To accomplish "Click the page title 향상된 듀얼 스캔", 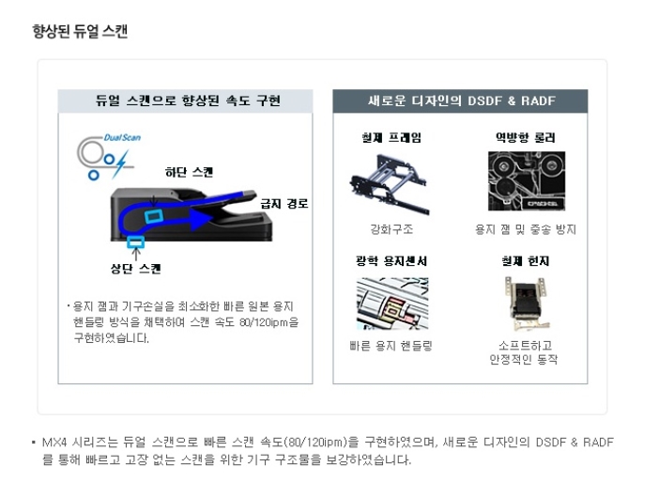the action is (80, 31).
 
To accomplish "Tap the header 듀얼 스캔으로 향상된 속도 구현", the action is (188, 101).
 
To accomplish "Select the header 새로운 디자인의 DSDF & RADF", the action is (462, 101).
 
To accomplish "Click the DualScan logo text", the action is (122, 137).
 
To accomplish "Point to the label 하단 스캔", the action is (189, 172).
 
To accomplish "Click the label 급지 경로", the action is (284, 204).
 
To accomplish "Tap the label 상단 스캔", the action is (136, 269).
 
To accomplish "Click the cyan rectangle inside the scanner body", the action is (154, 216).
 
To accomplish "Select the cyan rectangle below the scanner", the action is (136, 241).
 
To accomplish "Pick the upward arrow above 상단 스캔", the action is (136, 255).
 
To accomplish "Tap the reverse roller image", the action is (527, 180).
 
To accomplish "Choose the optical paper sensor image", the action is (392, 303).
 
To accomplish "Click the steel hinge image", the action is (527, 303).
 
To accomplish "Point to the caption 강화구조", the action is (391, 229).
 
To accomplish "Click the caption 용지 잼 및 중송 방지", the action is (526, 229).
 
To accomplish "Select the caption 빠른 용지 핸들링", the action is (391, 346).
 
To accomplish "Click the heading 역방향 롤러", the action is (526, 137).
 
